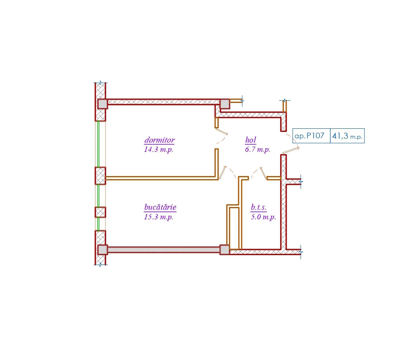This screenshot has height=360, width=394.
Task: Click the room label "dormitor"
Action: coord(159,140)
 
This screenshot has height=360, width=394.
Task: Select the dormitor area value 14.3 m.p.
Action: coord(159,150)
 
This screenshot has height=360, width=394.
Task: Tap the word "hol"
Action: coord(250,140)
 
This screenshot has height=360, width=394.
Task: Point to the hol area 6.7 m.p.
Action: coord(258,150)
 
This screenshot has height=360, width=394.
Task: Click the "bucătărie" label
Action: coord(160,207)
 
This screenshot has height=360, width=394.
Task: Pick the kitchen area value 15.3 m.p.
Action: coord(159,217)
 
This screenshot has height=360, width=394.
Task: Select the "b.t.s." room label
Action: coord(258,207)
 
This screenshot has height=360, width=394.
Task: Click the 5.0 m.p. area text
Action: coord(263,217)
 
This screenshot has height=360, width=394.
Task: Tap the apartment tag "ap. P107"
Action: coord(310,136)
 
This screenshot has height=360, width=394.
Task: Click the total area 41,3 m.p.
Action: coord(347,136)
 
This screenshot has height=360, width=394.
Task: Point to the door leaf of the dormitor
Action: coord(221,132)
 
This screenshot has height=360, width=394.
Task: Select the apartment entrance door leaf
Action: coord(291,150)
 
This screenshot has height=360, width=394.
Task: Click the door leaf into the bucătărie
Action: coord(223,172)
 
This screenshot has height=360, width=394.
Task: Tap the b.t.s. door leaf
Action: coord(263,173)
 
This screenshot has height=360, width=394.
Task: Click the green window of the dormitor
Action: coord(99,144)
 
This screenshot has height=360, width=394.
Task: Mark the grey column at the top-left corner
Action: coord(103,104)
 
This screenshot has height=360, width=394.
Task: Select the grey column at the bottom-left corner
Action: coord(103,250)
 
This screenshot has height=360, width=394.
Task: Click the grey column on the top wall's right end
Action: coord(225,104)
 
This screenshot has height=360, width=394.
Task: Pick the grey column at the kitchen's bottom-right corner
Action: coord(225,250)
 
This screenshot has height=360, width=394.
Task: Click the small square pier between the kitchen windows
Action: coord(100,213)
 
